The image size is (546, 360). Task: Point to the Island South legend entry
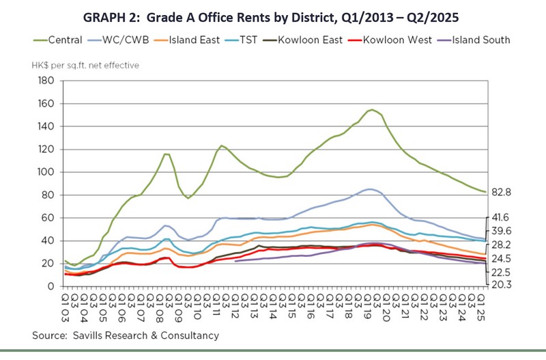480,40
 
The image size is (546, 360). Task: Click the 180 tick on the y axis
46,81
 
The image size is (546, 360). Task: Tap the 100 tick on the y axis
46,172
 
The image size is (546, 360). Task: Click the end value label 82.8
501,194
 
